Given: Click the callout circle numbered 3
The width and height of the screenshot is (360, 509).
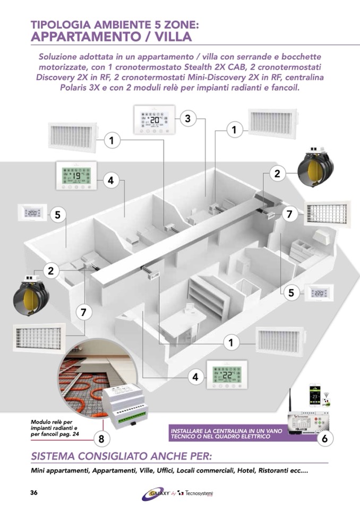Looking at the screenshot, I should click(x=187, y=119).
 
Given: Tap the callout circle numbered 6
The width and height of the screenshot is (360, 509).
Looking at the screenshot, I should click(x=324, y=438).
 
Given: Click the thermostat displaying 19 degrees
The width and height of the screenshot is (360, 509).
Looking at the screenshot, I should click(x=76, y=176).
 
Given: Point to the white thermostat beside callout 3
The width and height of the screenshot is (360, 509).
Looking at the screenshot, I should click(x=153, y=120).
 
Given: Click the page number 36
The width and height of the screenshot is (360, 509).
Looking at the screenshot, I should click(x=33, y=492).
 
